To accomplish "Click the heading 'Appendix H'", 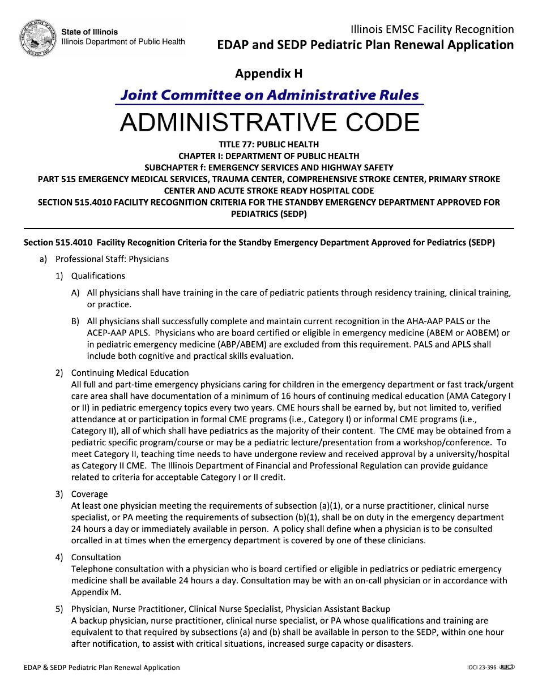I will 269,74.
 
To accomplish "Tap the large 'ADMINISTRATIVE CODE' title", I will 270,122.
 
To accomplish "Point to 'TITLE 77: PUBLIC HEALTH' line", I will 269,144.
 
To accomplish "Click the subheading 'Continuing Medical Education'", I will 130,373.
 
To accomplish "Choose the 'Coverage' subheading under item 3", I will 89,494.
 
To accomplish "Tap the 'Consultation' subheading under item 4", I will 96,557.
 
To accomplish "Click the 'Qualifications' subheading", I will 98,276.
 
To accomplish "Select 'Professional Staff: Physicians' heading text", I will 112,259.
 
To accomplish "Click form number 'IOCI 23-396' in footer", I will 478,668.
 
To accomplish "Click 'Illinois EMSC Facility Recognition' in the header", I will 432,29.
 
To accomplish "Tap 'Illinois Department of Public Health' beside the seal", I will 123,42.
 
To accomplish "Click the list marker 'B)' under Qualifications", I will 75,321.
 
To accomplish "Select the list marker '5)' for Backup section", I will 59,609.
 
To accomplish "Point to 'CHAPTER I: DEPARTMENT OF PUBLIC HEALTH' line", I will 269,156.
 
